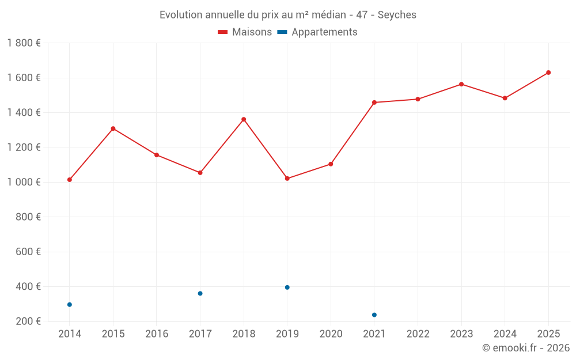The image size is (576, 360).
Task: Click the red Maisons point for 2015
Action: tap(113, 128)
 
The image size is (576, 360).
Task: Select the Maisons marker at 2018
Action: tap(244, 119)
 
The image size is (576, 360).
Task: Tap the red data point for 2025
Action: tap(548, 73)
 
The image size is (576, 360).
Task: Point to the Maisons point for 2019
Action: tap(287, 179)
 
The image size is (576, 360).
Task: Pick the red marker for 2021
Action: tap(374, 103)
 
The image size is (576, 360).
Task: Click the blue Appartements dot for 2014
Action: tap(70, 305)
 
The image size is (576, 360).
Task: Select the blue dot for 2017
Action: tap(200, 294)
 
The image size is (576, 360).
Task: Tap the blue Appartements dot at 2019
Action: tap(287, 287)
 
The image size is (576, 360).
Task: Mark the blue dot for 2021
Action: tap(374, 315)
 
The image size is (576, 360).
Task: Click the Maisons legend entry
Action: tap(245, 32)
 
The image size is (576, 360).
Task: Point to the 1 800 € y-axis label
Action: tap(24, 43)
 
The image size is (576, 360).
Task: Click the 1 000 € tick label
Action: tap(24, 182)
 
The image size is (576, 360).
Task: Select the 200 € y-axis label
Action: tap(27, 321)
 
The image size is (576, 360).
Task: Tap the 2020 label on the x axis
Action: tap(331, 334)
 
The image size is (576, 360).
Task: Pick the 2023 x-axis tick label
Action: tap(461, 334)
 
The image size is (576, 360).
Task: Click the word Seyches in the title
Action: tap(397, 15)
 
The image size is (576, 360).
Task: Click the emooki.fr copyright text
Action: tap(526, 348)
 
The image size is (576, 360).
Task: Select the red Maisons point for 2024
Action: tap(505, 98)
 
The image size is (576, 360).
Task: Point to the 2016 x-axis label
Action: tap(157, 334)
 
